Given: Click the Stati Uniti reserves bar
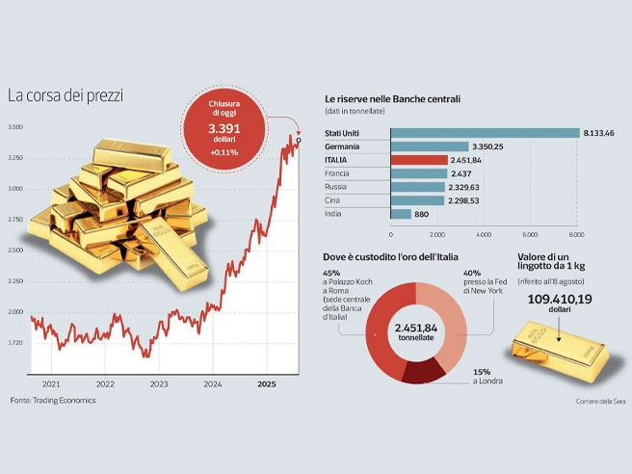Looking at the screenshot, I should click(484, 133).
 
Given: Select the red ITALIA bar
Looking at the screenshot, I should click(419, 160).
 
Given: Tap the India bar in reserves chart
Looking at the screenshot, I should click(401, 214).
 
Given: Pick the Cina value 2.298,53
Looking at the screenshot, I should click(465, 200).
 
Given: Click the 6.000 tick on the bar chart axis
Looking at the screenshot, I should click(530, 234).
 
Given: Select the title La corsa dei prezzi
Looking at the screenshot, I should click(66, 96).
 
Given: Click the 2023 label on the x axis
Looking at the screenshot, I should click(159, 383).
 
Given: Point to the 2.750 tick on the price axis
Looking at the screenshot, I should click(16, 220).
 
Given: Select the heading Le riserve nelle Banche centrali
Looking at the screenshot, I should click(391, 99).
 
